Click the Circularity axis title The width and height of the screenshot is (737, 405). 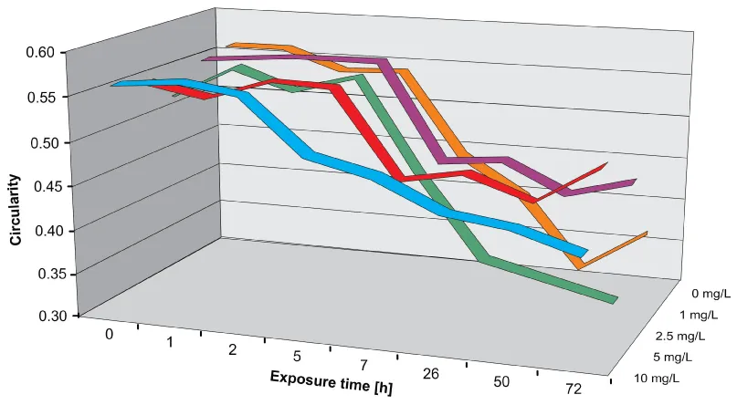pos(15,212)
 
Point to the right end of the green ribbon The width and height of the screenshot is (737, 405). pos(615,298)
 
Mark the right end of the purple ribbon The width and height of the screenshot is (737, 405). pos(635,183)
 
